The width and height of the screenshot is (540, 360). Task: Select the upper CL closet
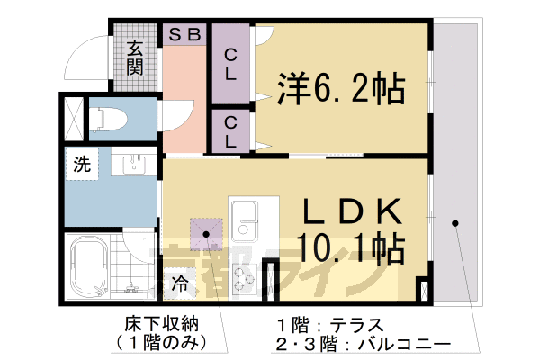point(230,66)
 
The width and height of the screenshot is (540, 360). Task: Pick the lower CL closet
point(230,131)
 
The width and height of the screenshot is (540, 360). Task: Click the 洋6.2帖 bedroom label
point(340,88)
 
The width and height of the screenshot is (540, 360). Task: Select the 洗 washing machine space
point(82,165)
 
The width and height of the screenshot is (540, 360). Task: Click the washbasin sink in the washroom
point(135,165)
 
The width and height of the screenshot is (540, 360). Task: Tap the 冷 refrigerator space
point(180,283)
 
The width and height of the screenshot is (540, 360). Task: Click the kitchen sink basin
point(244,215)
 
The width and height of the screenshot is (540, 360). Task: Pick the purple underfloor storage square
point(207,232)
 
